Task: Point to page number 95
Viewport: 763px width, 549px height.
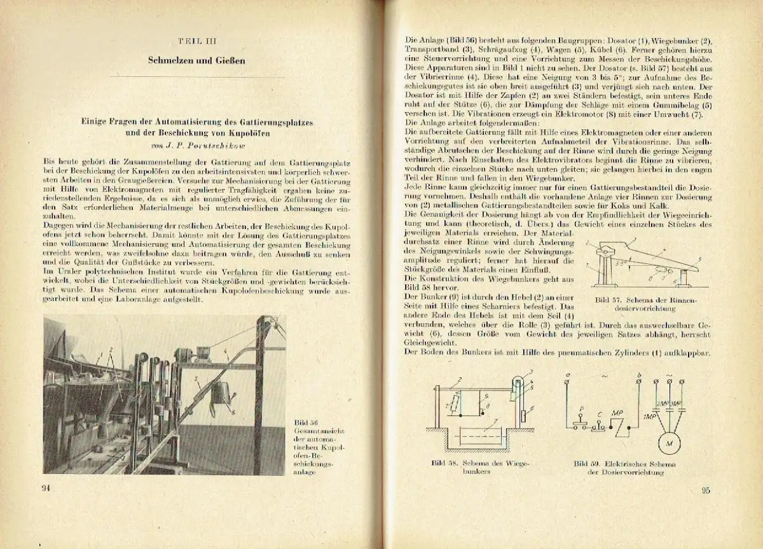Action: (705, 490)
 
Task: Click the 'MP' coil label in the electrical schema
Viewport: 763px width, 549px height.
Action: (617, 412)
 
